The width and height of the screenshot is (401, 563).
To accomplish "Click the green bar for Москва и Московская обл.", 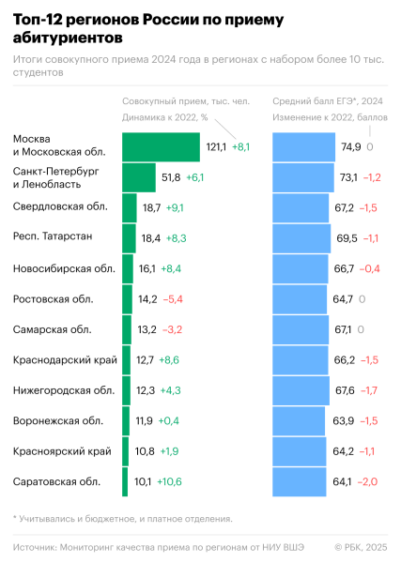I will coord(161,146).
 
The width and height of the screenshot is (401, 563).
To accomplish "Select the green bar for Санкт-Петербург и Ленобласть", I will coord(139,177).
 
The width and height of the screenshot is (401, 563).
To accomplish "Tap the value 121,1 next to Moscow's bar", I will coord(216,147).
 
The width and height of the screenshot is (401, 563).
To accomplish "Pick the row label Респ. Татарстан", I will coord(53,237).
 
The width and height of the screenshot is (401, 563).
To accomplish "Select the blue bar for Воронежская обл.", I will coord(299,421).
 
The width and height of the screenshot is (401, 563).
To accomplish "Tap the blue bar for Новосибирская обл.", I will coord(301,268).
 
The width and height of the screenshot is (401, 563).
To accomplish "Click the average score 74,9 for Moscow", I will coord(350,147).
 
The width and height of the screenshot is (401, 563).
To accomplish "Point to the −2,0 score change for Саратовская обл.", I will coord(371,482).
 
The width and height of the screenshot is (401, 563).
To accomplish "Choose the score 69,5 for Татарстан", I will coord(347,238).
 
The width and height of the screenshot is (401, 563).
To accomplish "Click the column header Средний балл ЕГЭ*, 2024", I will coord(328,100).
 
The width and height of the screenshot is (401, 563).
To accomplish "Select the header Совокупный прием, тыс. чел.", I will coord(180,100).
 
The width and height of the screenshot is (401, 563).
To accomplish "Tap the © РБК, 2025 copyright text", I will coord(360,547).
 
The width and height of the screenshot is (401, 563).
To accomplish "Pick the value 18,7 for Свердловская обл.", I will coord(151,207).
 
